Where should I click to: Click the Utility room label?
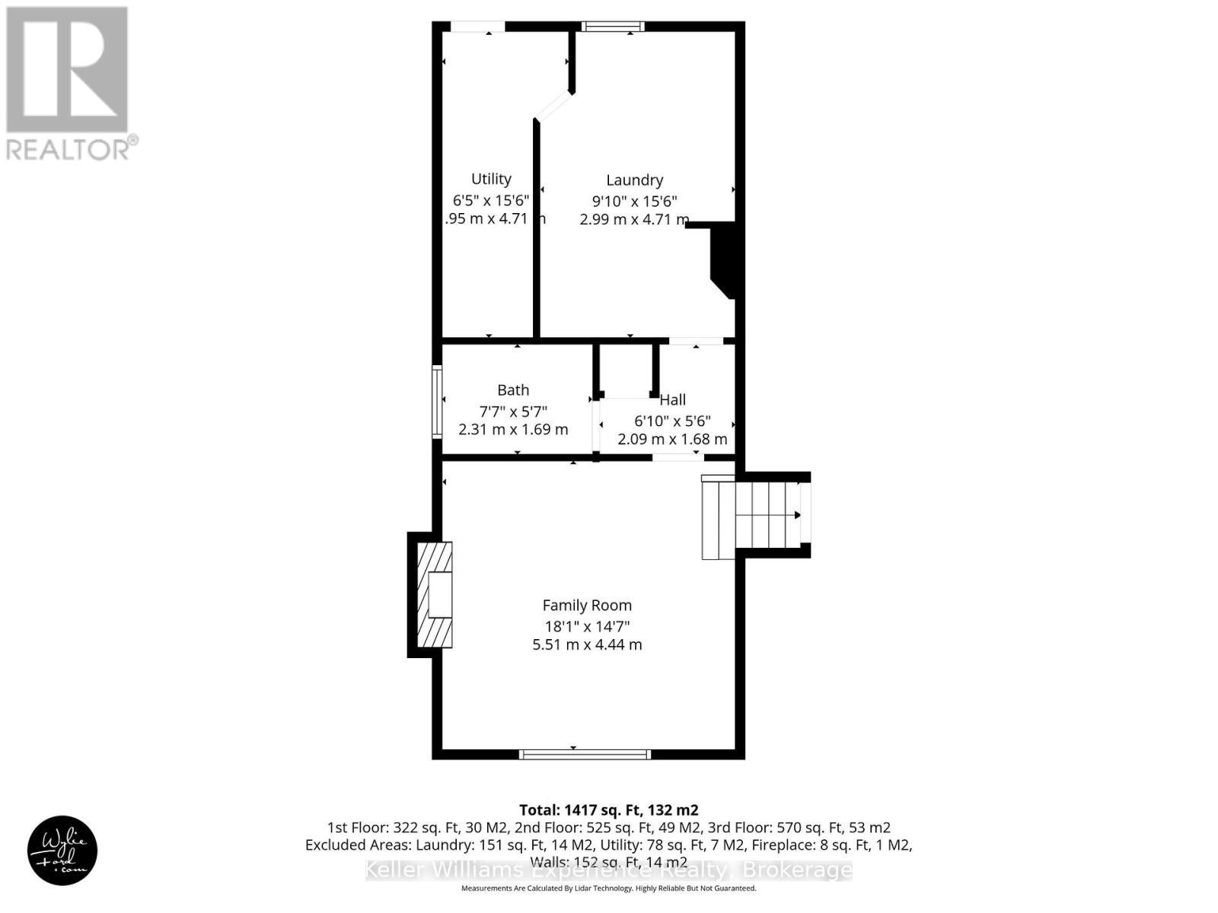pyautogui.click(x=491, y=180)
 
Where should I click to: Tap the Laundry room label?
pyautogui.click(x=634, y=180)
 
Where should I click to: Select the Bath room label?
pyautogui.click(x=513, y=390)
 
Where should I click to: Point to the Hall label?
pyautogui.click(x=672, y=399)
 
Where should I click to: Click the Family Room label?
pyautogui.click(x=587, y=606)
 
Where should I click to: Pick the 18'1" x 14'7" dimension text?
pyautogui.click(x=587, y=627)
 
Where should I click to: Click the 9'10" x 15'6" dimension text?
pyautogui.click(x=634, y=201)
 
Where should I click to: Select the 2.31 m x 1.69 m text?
pyautogui.click(x=513, y=429)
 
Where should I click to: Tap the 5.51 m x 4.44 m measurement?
pyautogui.click(x=587, y=644)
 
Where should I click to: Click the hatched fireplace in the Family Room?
pyautogui.click(x=435, y=594)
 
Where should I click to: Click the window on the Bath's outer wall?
pyautogui.click(x=437, y=401)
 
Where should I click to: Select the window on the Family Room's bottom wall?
pyautogui.click(x=585, y=754)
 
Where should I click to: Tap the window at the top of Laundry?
pyautogui.click(x=613, y=27)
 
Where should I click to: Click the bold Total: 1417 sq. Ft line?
pyautogui.click(x=608, y=810)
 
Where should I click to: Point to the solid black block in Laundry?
pyautogui.click(x=722, y=259)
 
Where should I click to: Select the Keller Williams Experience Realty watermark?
pyautogui.click(x=608, y=870)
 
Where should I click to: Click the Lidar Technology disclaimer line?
pyautogui.click(x=608, y=888)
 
